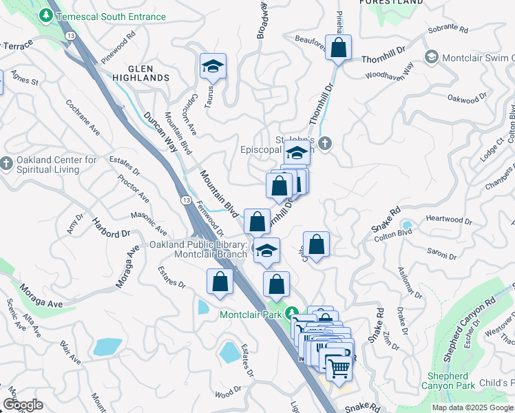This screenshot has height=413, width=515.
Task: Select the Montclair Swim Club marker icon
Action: click(432, 56)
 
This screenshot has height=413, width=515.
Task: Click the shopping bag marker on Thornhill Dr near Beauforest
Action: click(338, 47)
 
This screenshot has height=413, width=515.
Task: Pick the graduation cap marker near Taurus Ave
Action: click(213, 67)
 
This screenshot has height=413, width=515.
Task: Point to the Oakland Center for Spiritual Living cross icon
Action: click(6, 163)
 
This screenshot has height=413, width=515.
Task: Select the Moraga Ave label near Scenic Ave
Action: click(41, 295)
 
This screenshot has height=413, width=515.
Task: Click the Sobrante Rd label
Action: click(449, 30)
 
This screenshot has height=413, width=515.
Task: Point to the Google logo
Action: click(23, 405)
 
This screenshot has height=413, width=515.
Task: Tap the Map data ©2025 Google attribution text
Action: click(472, 407)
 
